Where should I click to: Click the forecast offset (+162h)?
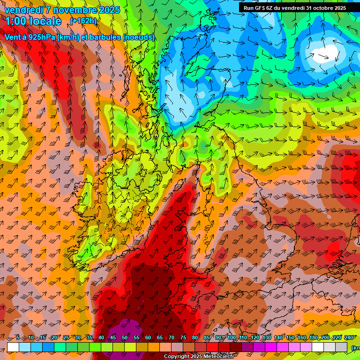pos(83,21)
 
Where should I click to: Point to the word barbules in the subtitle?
pos(101,37)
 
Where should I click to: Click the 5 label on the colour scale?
pos(18,337)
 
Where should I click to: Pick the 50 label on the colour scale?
pos(124,337)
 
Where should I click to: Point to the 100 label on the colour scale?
pos(232,337)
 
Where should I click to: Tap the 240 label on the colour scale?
pos(348,337)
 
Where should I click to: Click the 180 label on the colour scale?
pos(314,337)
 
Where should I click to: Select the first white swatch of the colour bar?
pos(13,347)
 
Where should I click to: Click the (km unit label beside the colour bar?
pos(356,347)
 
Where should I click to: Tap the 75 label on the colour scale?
pos(183,337)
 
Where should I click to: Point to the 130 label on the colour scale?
pos(267,337)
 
